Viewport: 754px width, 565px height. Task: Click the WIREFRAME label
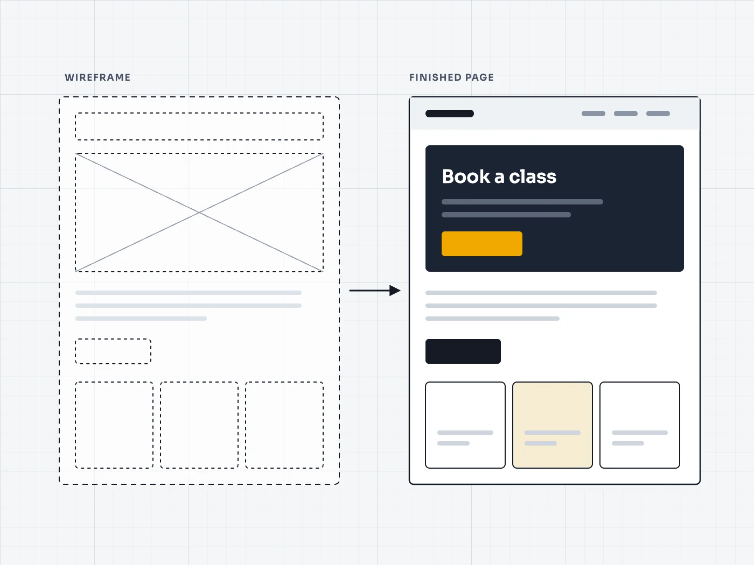tap(97, 77)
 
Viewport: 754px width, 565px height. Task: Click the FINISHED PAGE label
tap(451, 77)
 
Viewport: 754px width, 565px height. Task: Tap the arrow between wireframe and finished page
tap(375, 291)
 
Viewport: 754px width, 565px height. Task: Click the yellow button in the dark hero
tap(482, 244)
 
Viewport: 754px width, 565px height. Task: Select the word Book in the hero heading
tap(466, 176)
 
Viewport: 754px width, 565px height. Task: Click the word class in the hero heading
tap(533, 176)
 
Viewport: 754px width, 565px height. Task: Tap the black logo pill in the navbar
tap(450, 114)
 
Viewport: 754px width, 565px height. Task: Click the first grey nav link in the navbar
tap(594, 114)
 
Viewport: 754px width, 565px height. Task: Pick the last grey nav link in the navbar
tap(658, 114)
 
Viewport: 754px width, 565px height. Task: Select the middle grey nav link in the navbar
tap(625, 114)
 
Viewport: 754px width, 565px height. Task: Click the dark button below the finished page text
tap(463, 351)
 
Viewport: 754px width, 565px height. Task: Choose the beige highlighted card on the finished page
tap(553, 425)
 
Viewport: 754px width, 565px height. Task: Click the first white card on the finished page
tap(465, 425)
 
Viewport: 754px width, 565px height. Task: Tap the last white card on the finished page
tap(640, 425)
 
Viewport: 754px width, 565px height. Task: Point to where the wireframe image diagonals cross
tap(199, 213)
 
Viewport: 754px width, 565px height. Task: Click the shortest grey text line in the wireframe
tap(141, 319)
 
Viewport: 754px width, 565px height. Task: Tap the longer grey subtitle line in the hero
tap(522, 202)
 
